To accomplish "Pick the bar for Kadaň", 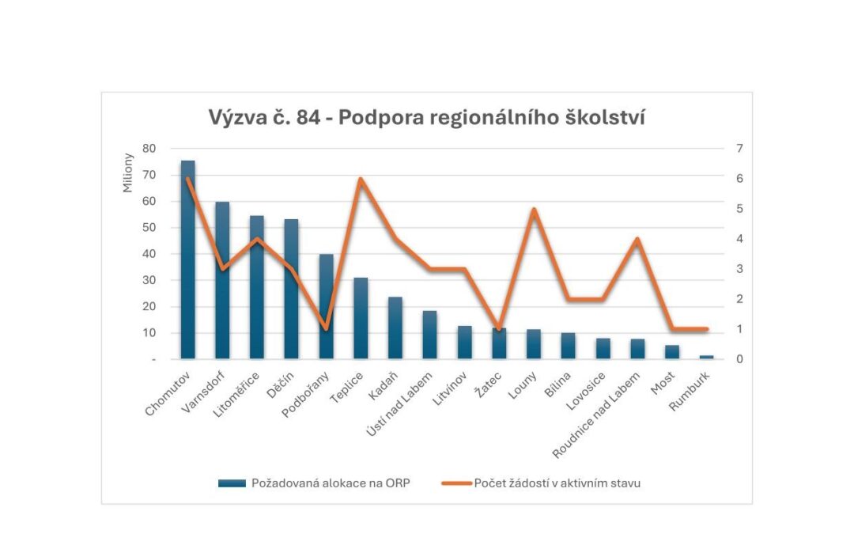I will click(x=395, y=328).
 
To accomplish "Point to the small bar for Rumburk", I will click(x=706, y=357).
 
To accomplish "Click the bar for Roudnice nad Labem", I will click(x=637, y=349).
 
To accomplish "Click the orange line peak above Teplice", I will click(x=361, y=179).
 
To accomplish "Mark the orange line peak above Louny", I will click(x=534, y=210).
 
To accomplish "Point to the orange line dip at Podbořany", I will click(x=326, y=328).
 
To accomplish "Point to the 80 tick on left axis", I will click(x=149, y=149).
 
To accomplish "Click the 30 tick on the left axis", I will click(x=149, y=280).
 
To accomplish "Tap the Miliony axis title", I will click(x=129, y=173).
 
